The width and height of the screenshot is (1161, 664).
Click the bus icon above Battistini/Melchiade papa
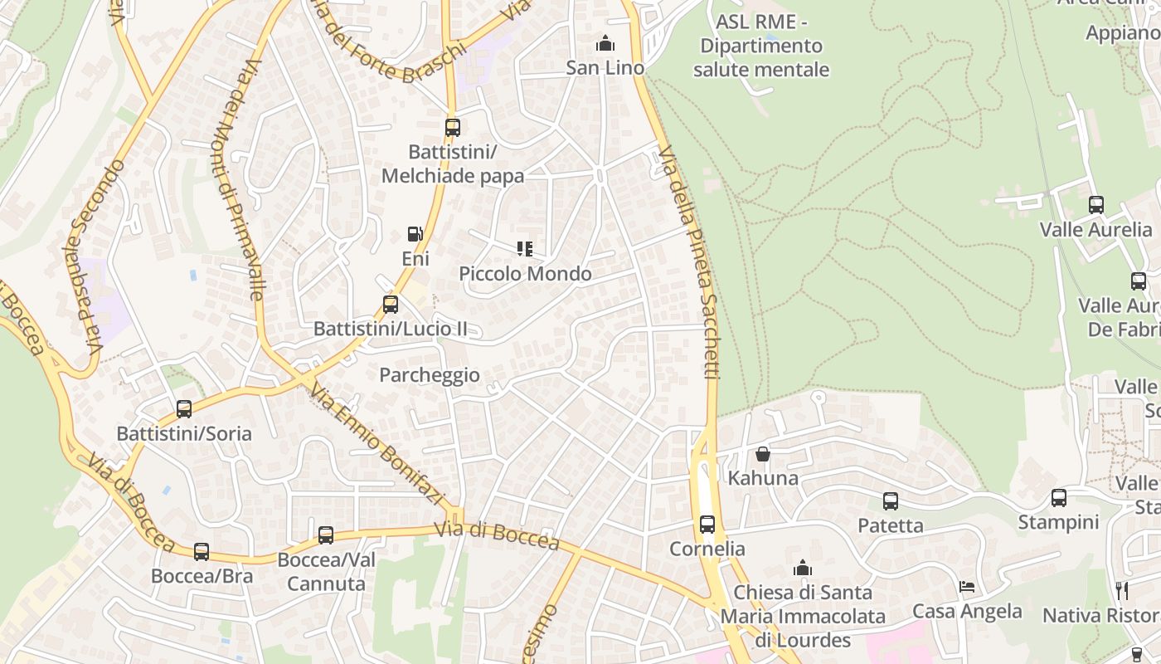452,128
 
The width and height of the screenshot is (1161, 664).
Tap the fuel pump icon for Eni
415,235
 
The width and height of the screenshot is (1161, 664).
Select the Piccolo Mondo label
526,274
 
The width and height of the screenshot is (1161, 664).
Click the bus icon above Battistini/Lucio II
391,305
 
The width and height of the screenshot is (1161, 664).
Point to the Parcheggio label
430,375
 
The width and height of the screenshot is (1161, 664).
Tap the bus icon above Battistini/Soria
184,409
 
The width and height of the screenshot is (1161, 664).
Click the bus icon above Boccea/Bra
202,552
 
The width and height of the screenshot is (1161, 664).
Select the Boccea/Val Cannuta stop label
326,572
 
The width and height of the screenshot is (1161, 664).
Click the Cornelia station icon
707,525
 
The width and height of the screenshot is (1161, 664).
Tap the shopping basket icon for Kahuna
763,454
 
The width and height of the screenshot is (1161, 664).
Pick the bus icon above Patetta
891,501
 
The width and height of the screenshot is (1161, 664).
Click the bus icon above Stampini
1059,498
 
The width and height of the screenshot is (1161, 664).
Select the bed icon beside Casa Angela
967,587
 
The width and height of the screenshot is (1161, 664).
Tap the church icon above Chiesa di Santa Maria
802,569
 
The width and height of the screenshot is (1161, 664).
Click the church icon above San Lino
605,43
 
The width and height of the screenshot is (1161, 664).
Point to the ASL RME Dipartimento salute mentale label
761,46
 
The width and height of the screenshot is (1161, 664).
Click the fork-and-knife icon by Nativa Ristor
1122,590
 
